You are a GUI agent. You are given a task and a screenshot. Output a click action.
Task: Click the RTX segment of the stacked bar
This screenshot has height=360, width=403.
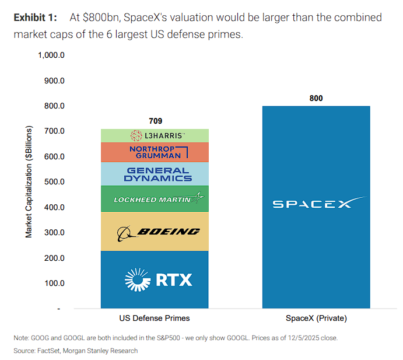click(155, 279)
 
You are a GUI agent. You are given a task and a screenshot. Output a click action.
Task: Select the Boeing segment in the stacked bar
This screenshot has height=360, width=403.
click(155, 232)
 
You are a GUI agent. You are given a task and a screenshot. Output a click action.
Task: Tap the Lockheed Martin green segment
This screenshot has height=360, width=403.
click(155, 199)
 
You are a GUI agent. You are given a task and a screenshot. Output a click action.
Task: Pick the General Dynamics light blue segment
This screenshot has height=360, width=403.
click(155, 174)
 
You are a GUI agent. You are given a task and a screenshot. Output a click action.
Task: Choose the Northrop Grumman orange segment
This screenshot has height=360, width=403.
click(155, 152)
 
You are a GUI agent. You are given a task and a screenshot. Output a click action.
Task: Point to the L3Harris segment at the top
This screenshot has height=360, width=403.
click(155, 135)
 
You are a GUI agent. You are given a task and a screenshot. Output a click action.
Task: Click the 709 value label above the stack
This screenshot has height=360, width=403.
click(155, 121)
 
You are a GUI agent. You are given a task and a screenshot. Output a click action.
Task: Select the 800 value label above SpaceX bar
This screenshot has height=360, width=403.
click(316, 98)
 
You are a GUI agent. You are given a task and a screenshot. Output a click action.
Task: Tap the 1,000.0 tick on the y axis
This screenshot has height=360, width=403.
click(51, 55)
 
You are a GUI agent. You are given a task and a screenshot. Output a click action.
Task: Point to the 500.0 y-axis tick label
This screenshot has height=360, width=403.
click(54, 182)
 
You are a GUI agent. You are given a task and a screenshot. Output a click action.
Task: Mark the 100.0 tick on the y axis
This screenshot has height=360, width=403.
click(54, 283)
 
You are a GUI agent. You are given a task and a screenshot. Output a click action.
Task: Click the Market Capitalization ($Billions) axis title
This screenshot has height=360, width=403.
click(29, 181)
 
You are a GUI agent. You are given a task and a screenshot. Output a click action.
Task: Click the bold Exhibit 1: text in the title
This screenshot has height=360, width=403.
click(35, 18)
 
